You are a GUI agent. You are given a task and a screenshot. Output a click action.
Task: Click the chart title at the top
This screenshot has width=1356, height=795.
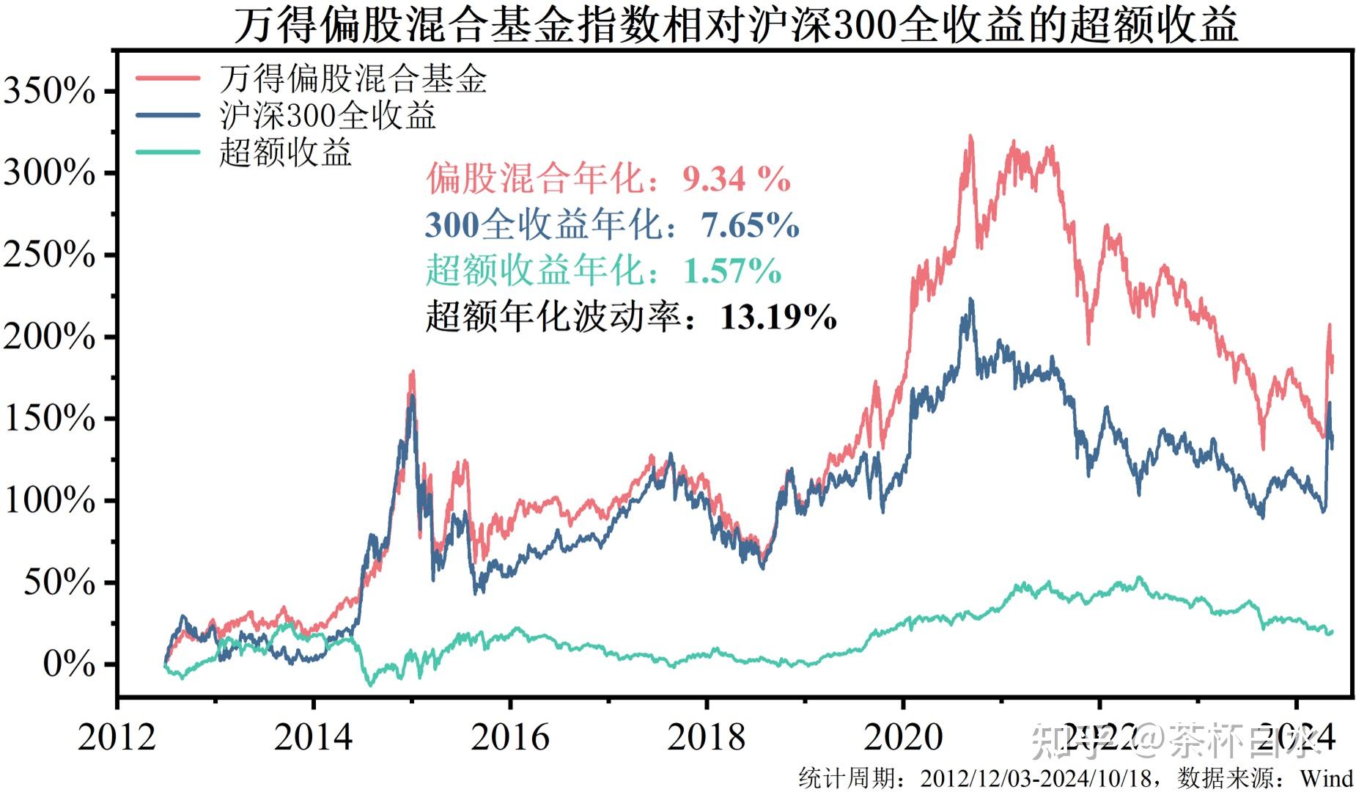[735, 25]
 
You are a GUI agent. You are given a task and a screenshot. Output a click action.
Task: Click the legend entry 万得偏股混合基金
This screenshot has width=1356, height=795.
[353, 78]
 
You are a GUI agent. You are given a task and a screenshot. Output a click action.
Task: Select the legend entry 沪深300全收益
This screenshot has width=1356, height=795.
[327, 115]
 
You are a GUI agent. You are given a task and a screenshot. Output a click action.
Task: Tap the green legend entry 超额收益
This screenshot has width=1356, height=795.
[285, 153]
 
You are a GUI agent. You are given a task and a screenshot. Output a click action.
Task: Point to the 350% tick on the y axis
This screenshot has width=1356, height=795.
[50, 92]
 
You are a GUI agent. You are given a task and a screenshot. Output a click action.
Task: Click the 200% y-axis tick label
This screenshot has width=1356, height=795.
[50, 337]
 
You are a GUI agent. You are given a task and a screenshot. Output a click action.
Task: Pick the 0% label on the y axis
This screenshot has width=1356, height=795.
[69, 664]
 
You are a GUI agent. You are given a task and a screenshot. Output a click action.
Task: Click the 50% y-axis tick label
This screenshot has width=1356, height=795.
[59, 583]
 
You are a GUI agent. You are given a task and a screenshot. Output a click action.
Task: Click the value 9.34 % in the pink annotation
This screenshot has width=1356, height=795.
[736, 178]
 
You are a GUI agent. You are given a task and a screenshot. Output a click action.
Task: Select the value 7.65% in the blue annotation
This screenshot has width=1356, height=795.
[749, 224]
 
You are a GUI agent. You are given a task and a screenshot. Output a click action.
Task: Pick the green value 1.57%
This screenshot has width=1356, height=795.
[732, 271]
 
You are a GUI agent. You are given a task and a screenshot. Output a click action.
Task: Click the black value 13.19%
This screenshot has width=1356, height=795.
[778, 317]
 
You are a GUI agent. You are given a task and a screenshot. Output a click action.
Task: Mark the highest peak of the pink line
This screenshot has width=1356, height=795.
[970, 136]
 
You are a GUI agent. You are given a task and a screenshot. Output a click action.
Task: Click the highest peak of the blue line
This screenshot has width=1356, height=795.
[971, 299]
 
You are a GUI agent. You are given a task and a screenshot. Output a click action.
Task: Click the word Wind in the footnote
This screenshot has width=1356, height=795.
[1326, 778]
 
